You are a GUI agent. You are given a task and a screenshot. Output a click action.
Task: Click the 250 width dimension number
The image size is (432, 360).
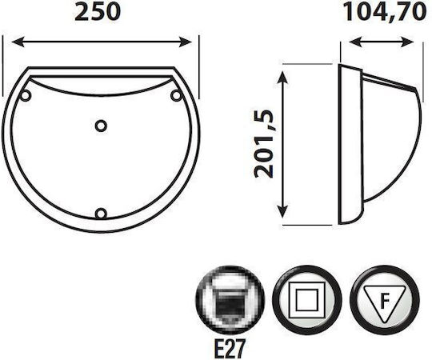98,12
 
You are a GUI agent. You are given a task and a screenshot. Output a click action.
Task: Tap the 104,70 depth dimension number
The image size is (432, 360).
385,11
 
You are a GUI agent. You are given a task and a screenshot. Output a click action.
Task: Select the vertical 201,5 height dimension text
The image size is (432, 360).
264,144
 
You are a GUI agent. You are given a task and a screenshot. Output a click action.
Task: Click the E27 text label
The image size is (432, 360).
230,348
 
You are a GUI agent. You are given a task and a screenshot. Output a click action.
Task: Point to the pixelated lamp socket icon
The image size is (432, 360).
230,300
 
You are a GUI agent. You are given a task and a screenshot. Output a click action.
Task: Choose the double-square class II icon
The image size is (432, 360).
306,300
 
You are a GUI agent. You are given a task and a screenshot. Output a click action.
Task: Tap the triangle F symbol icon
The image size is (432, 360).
385,300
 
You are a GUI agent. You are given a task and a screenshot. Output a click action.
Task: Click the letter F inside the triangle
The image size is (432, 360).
385,302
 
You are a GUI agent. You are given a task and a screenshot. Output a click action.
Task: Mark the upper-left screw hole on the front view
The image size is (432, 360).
26,95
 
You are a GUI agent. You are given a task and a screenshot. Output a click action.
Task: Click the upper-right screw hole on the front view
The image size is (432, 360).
176,95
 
